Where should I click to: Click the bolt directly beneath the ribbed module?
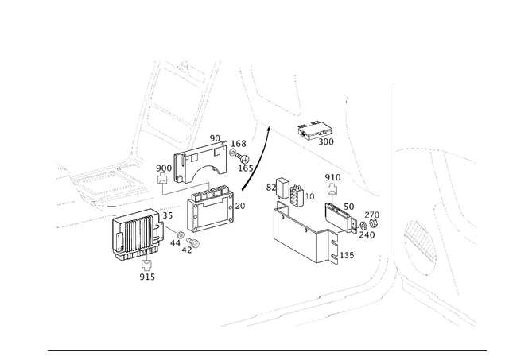pyautogui.click(x=145, y=262)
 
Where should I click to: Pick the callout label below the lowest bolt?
pyautogui.click(x=146, y=277)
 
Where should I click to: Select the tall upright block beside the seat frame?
pyautogui.click(x=181, y=168)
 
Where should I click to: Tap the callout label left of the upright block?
pyautogui.click(x=162, y=167)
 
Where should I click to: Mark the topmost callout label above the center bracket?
pyautogui.click(x=216, y=138)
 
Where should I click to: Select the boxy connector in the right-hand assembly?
pyautogui.click(x=295, y=195)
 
